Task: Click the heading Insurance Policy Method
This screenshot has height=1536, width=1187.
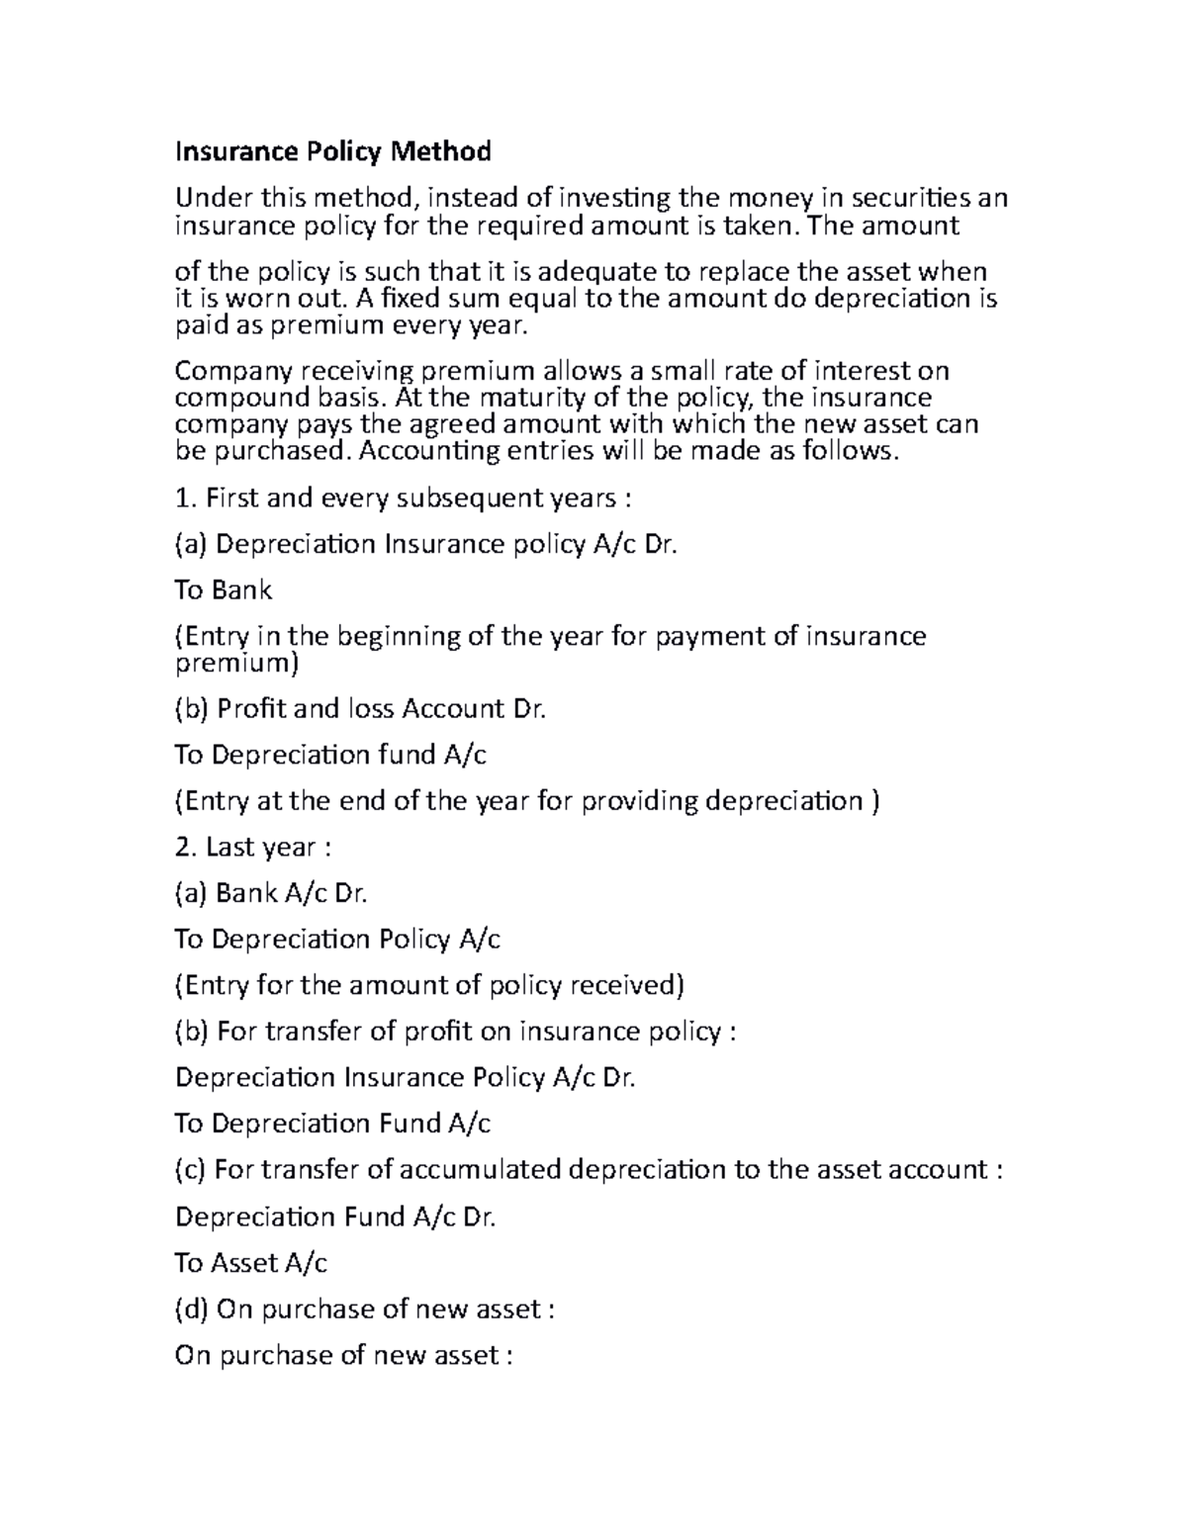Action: (x=332, y=152)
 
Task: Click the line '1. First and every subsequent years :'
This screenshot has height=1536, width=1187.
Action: (x=402, y=498)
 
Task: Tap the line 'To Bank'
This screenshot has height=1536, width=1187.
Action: (x=223, y=590)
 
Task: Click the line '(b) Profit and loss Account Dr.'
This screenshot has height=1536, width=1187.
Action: (x=360, y=709)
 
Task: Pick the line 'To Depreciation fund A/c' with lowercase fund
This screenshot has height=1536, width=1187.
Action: (x=330, y=756)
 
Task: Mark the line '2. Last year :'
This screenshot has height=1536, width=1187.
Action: (x=259, y=848)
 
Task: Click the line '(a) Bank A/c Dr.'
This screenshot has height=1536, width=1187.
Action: (x=271, y=894)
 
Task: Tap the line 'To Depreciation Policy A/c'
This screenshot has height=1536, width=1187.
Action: (x=337, y=940)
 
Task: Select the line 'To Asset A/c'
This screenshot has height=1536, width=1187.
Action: (x=250, y=1263)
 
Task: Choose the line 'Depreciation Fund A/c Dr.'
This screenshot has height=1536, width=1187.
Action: (x=334, y=1217)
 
